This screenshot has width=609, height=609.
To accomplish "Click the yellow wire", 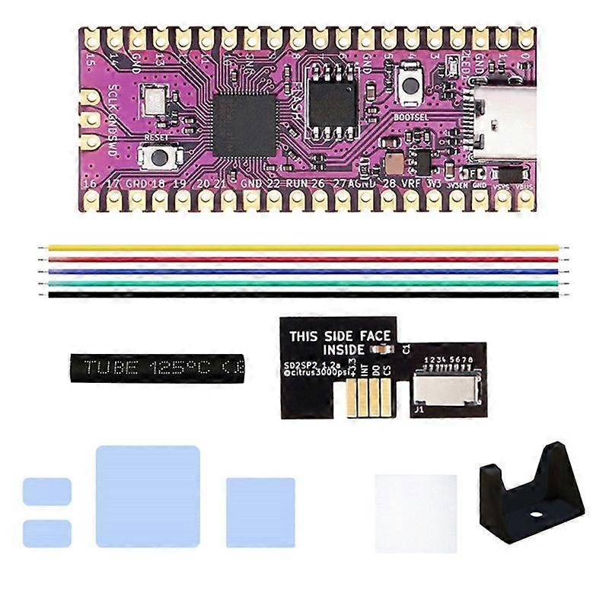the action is point(304,247).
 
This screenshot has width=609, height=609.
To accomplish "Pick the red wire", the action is point(304,259).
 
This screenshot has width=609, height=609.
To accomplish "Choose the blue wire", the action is point(304,271).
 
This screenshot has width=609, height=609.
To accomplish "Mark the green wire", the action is point(304,282).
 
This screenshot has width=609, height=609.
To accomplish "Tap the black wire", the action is point(304,294).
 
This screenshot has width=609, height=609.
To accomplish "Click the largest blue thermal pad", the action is point(148,496).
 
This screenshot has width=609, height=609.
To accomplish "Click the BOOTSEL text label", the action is point(413,118).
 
